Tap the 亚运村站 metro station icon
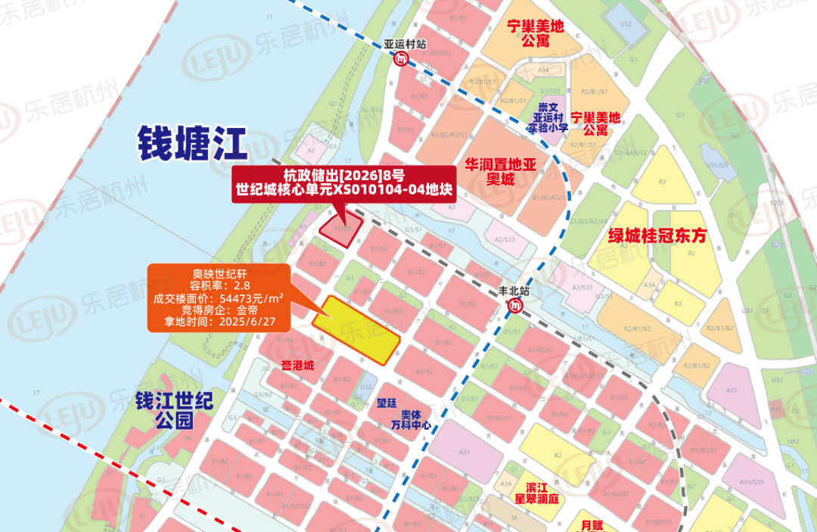(x=399, y=59)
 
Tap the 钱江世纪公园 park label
(x=174, y=410)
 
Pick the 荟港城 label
(x=297, y=366)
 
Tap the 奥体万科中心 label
(x=411, y=420)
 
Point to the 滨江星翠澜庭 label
(x=542, y=493)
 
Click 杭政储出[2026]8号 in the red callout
(x=343, y=176)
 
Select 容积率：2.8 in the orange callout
(x=219, y=286)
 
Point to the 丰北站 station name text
(x=515, y=291)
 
